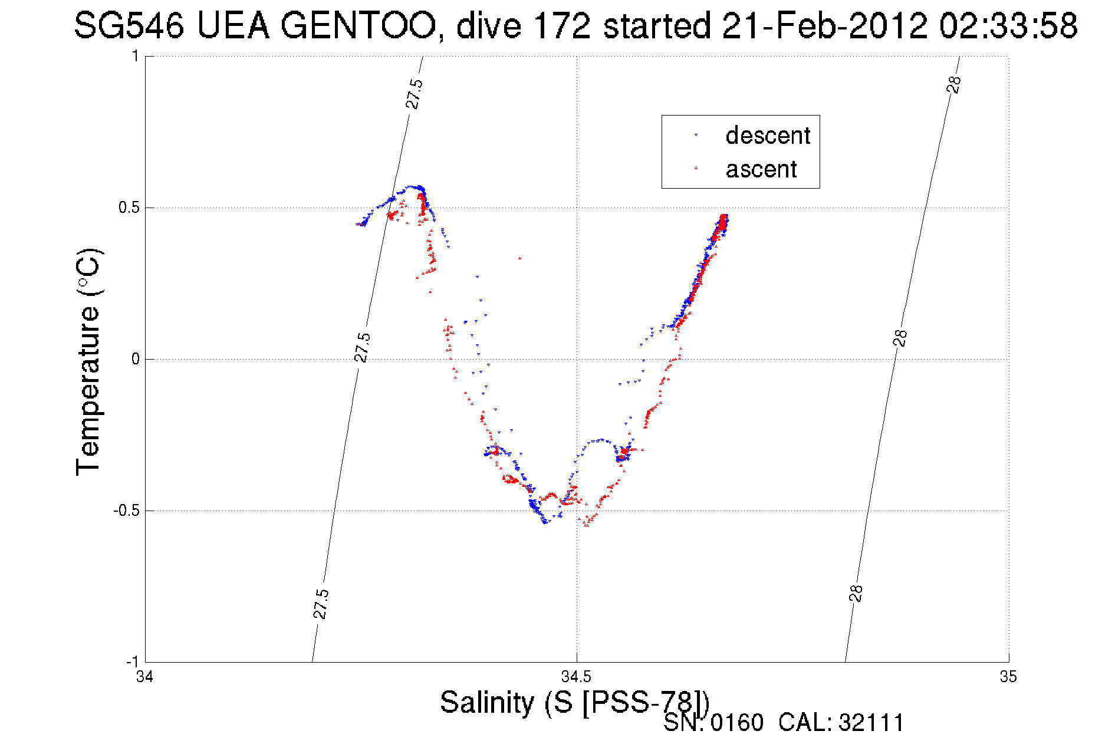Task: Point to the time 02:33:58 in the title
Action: [1008, 27]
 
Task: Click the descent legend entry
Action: [767, 136]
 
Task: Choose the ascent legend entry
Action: [761, 170]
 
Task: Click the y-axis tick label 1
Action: [135, 57]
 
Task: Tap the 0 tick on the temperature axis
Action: [135, 359]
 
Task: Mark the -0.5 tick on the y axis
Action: [126, 511]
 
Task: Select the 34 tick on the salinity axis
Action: [144, 677]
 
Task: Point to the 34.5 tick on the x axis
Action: [576, 677]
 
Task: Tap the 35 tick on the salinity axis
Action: [1008, 677]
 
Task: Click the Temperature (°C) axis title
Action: [89, 361]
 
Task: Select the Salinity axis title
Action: [574, 703]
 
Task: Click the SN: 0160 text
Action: [713, 723]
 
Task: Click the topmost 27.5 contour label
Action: [414, 94]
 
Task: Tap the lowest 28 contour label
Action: [856, 593]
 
